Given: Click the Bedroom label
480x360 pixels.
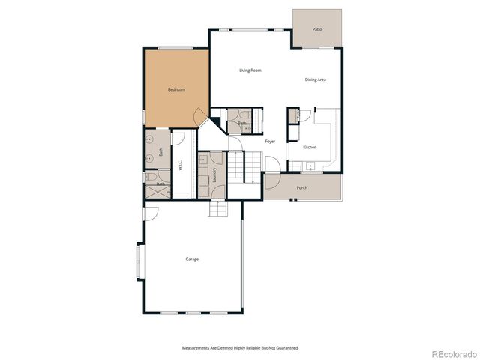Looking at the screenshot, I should (x=176, y=89).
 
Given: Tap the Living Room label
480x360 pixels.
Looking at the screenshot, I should (x=250, y=70).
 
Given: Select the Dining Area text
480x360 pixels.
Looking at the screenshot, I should (x=315, y=79).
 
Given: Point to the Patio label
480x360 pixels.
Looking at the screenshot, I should (x=317, y=29).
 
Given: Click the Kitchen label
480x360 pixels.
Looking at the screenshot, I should (x=310, y=147).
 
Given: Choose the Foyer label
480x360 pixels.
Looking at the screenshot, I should (x=270, y=141).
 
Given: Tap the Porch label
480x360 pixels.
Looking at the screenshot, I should (x=301, y=187).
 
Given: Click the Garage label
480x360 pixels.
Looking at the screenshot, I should (x=192, y=259).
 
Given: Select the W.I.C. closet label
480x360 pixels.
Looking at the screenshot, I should (x=180, y=166).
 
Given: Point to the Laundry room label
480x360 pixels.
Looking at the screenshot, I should (x=214, y=175).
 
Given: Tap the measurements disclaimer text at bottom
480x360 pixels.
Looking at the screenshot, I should (x=240, y=348).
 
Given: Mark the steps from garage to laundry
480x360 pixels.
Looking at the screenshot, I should (x=218, y=208).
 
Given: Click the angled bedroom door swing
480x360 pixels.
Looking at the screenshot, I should (x=200, y=118).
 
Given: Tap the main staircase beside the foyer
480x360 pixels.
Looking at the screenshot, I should (x=239, y=165).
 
